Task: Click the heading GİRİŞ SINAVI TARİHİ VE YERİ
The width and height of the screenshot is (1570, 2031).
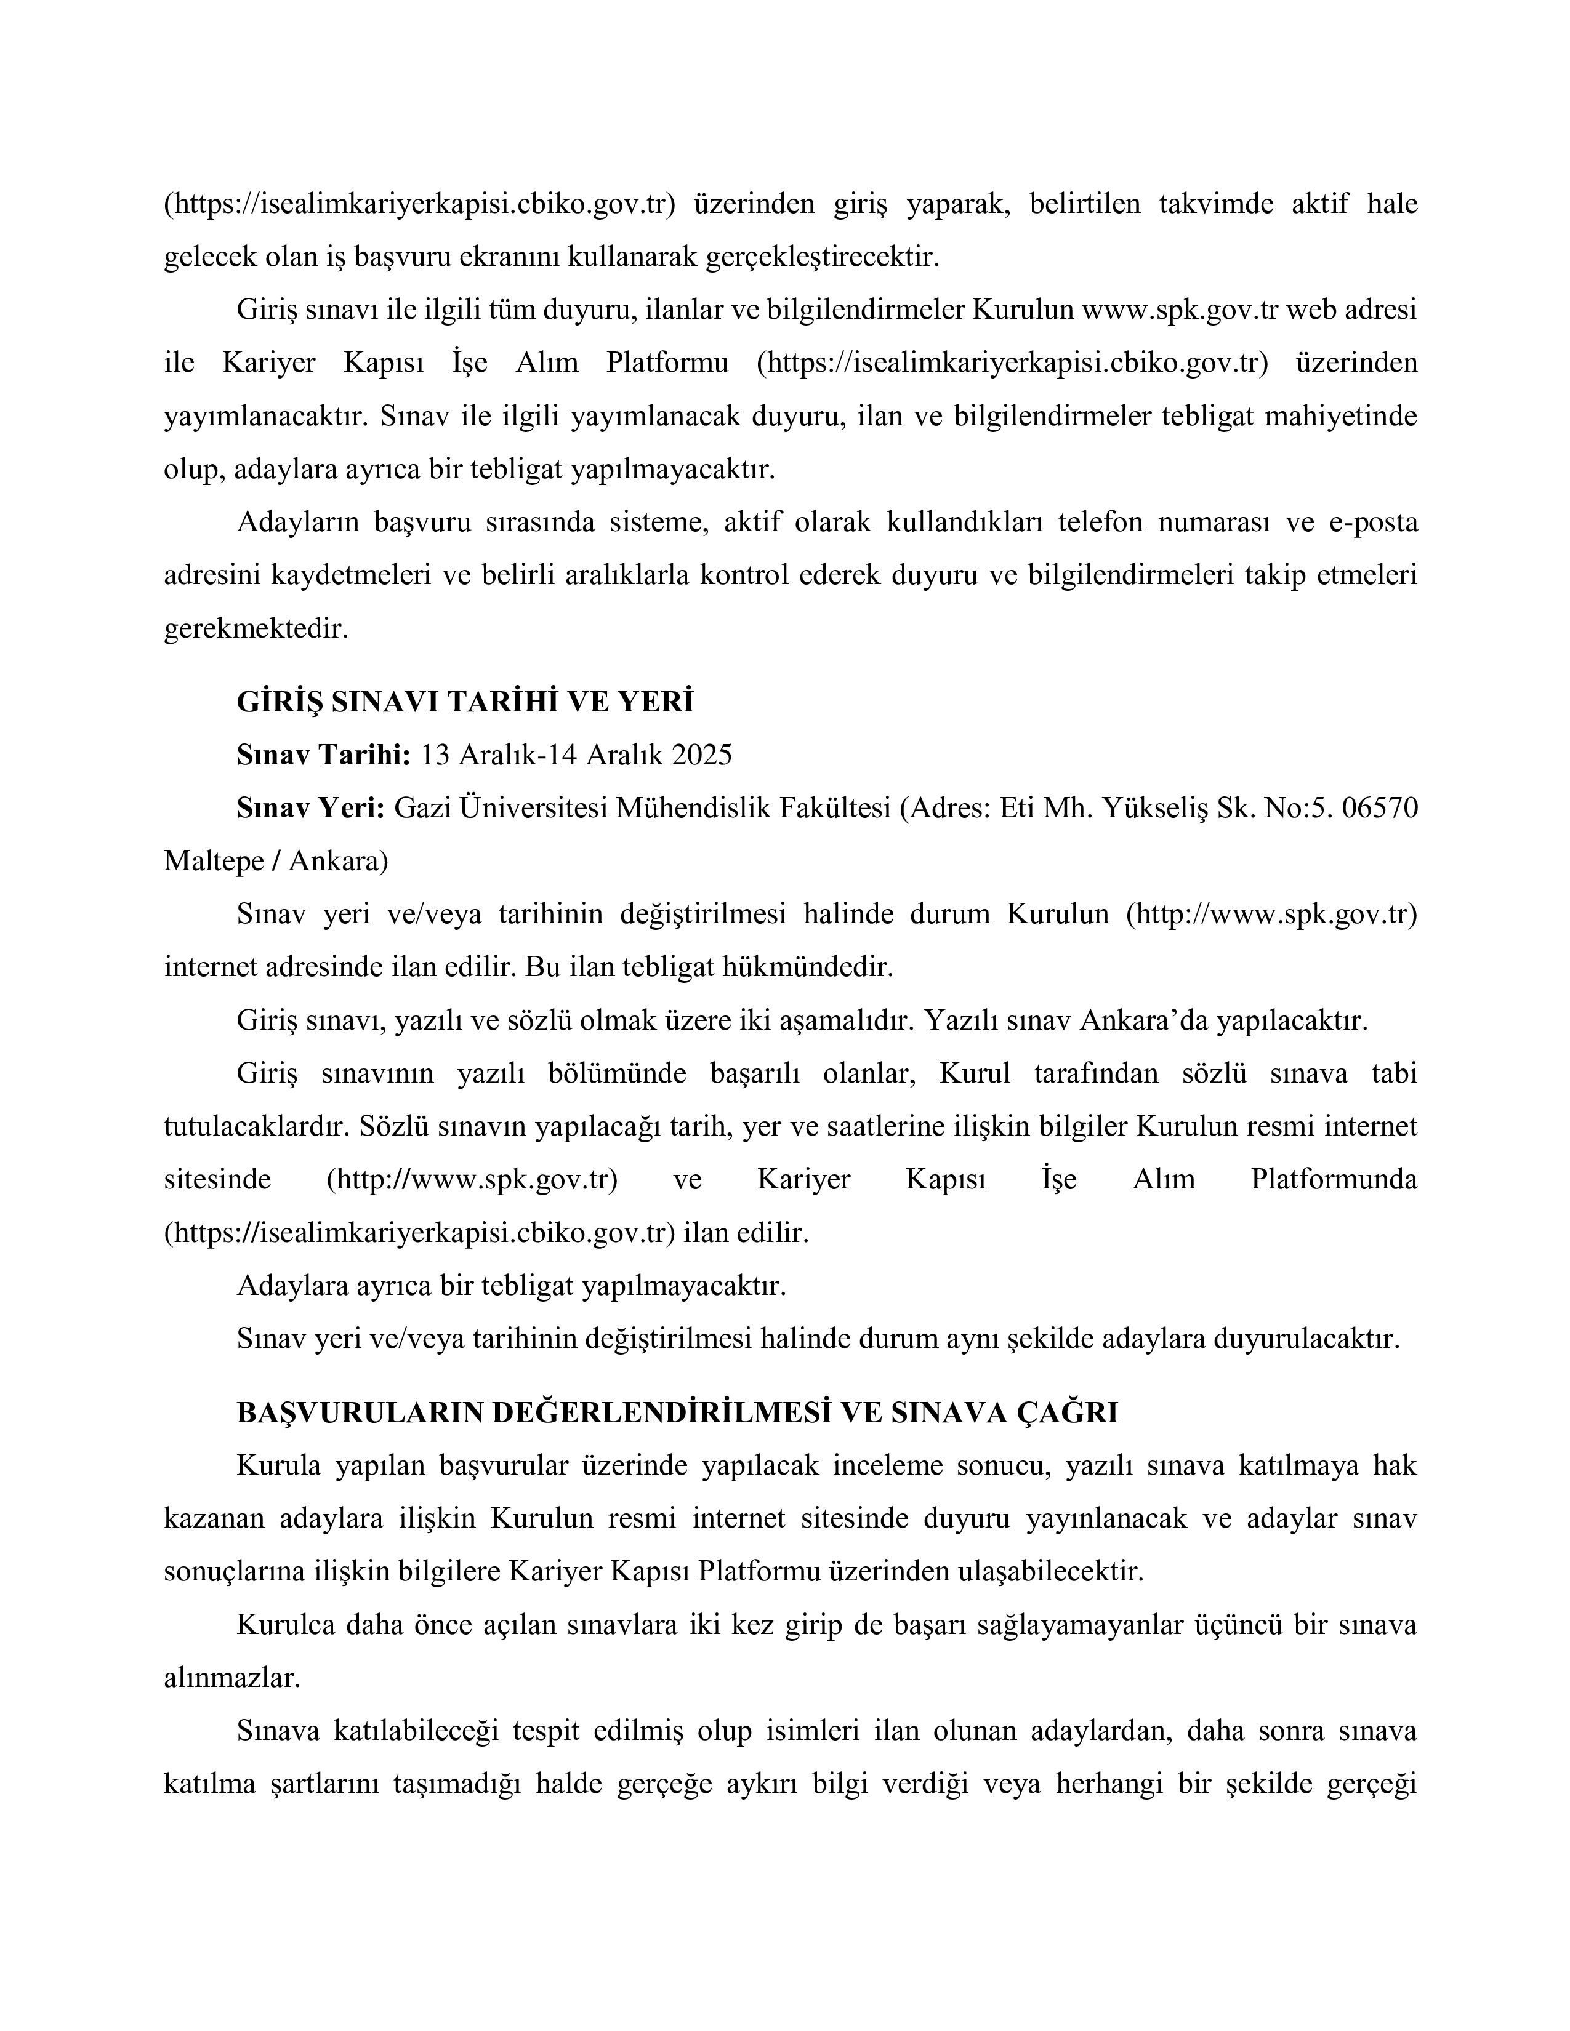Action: click(465, 701)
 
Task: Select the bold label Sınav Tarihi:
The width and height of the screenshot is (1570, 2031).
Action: click(323, 754)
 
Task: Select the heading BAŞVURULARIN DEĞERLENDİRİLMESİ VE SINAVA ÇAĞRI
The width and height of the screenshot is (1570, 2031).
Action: click(677, 1412)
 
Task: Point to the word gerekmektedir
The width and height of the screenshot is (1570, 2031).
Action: click(256, 630)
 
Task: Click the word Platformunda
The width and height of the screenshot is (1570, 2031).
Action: click(1334, 1180)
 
